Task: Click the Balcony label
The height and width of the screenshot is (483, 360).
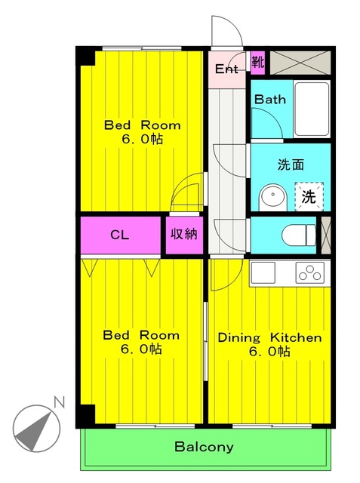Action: click(204, 447)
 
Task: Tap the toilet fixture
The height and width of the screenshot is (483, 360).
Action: click(299, 235)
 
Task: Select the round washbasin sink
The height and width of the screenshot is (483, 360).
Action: click(273, 197)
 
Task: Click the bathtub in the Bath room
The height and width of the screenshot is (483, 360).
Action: click(312, 109)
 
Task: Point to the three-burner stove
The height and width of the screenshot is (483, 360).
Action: click(309, 272)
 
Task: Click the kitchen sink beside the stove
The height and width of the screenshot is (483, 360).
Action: click(263, 272)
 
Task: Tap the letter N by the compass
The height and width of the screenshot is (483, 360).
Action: click(59, 402)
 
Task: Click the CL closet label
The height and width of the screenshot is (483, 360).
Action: click(119, 235)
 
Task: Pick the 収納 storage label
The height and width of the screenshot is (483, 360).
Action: click(184, 235)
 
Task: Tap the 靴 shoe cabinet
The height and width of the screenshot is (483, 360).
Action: click(258, 63)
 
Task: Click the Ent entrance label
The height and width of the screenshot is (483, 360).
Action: click(226, 69)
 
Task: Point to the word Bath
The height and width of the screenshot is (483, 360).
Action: click(269, 99)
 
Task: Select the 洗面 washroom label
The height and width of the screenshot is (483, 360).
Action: click(291, 165)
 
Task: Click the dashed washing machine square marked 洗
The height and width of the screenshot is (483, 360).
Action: click(309, 196)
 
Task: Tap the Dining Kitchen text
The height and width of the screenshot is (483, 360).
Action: click(269, 337)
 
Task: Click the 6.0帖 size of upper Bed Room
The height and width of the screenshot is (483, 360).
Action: click(143, 139)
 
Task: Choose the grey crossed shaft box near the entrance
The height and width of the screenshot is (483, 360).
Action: click(300, 63)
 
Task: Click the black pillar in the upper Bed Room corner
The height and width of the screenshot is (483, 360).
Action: click(88, 58)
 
